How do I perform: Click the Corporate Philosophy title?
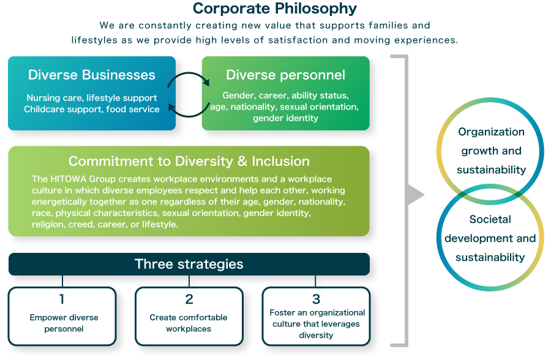[275, 9]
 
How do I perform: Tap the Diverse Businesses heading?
[92, 75]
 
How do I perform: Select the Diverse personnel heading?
[286, 75]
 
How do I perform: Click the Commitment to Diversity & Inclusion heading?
[189, 161]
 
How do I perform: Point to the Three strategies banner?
[189, 264]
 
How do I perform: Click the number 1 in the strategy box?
[62, 299]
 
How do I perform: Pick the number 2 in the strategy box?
[189, 299]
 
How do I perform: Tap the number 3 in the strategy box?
[316, 299]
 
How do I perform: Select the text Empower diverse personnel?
[64, 323]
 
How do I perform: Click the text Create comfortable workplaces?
[189, 323]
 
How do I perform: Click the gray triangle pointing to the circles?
[416, 195]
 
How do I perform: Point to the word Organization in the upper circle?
[491, 132]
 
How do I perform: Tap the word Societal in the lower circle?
[490, 219]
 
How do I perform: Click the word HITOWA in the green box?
[68, 179]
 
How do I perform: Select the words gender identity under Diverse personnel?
[286, 118]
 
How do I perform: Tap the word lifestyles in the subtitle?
[94, 40]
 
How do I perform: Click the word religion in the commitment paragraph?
[47, 224]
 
